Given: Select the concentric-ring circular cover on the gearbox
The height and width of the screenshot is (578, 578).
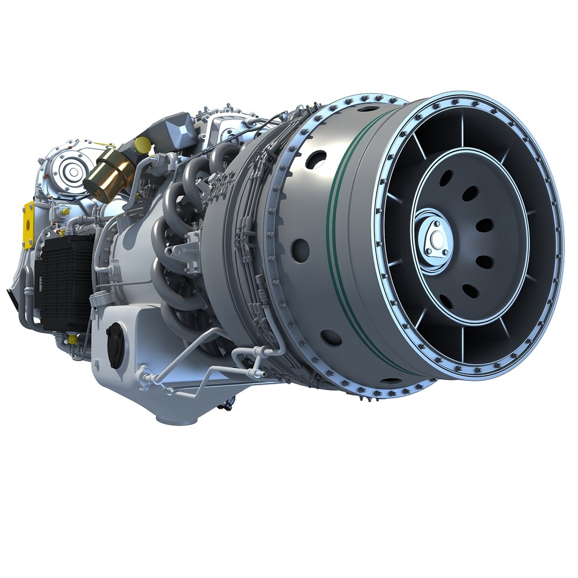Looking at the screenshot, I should [70, 172].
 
